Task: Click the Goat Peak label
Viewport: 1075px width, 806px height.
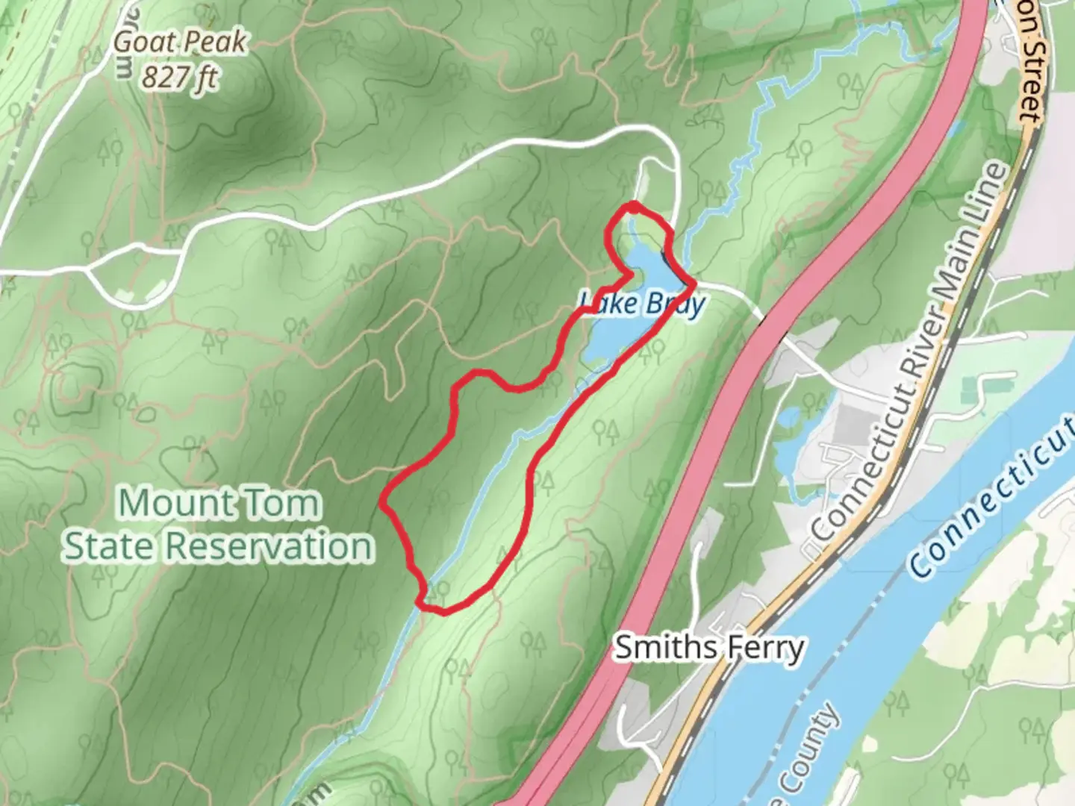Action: [179, 43]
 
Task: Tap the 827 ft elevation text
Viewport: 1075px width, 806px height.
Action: [179, 76]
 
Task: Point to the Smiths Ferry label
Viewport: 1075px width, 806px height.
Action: [708, 648]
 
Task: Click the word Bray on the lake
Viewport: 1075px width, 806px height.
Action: [674, 304]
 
